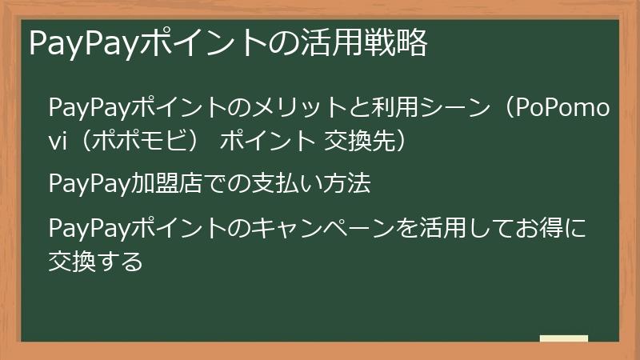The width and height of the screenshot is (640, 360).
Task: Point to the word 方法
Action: click(351, 185)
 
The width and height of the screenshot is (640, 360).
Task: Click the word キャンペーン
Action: click(320, 229)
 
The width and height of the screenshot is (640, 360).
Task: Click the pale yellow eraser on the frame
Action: click(564, 339)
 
